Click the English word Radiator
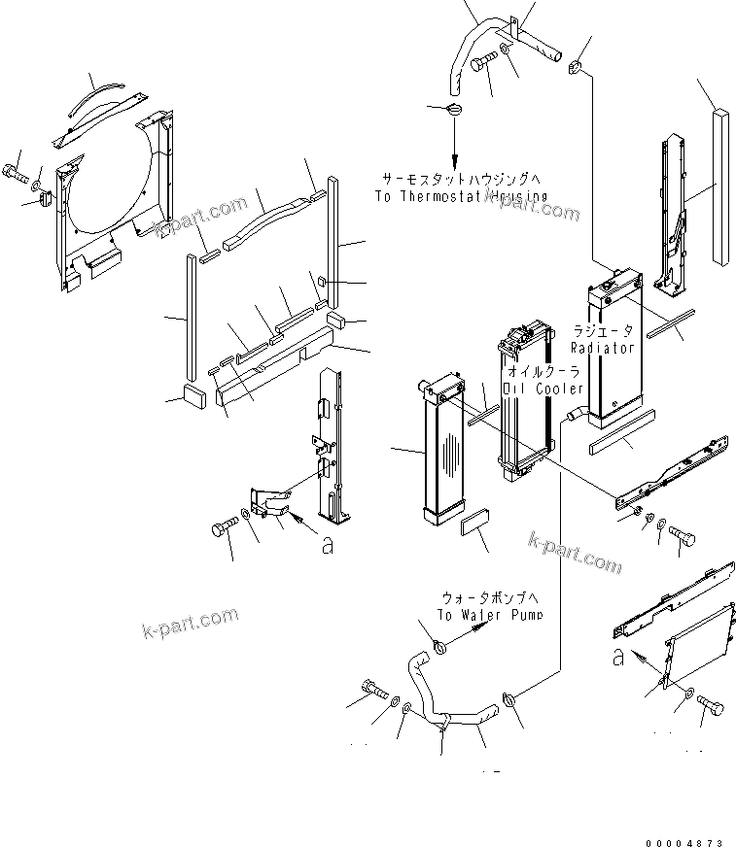[x=602, y=347]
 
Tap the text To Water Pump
[x=489, y=615]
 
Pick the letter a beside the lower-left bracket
[x=327, y=547]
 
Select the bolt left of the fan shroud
[x=17, y=175]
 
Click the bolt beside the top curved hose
[x=483, y=64]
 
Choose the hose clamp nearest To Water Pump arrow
[x=438, y=644]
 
